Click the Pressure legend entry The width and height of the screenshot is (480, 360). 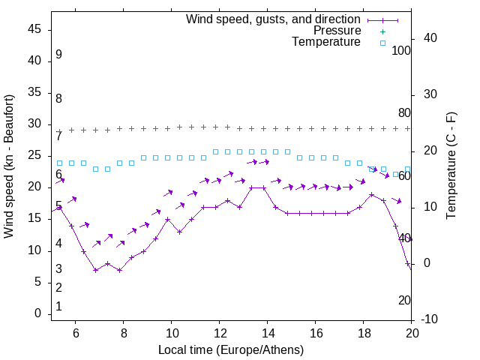tap(337, 31)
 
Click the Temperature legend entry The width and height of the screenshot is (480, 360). tap(326, 43)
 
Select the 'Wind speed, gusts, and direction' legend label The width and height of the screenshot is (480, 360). tap(274, 19)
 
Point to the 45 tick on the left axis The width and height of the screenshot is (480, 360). tap(35, 30)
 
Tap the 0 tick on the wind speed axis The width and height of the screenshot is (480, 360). tap(38, 314)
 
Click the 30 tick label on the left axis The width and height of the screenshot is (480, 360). tap(35, 124)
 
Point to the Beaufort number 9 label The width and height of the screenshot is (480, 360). tap(58, 55)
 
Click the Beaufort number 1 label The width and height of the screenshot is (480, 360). tap(58, 307)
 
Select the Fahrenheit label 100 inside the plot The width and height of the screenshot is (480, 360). tap(401, 51)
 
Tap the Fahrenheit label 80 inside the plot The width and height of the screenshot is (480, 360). tap(404, 113)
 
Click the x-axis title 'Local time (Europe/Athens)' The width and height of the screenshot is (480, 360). tap(231, 349)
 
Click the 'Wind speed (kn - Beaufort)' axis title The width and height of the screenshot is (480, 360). tap(9, 166)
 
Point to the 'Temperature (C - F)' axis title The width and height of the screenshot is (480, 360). tap(451, 166)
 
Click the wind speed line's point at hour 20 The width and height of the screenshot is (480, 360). tap(408, 264)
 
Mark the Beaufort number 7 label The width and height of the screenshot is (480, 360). tap(58, 136)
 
